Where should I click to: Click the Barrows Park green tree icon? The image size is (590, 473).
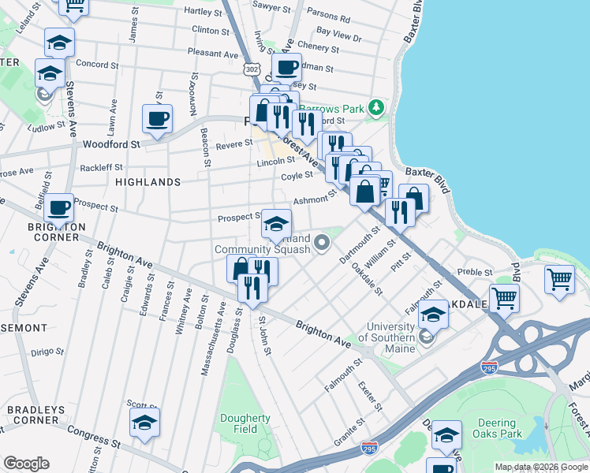point(378,106)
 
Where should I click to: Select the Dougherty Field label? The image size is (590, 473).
point(246,423)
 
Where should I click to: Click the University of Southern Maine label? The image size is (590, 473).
point(390,333)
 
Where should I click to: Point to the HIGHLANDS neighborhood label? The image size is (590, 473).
point(148,182)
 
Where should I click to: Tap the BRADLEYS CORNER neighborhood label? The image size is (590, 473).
point(32,415)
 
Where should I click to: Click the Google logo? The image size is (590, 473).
point(25,464)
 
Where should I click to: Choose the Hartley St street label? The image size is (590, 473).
point(203,11)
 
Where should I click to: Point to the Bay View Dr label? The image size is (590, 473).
point(338,37)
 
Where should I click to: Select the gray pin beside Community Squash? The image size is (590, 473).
point(321,242)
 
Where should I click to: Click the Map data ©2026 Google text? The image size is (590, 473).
point(540,467)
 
